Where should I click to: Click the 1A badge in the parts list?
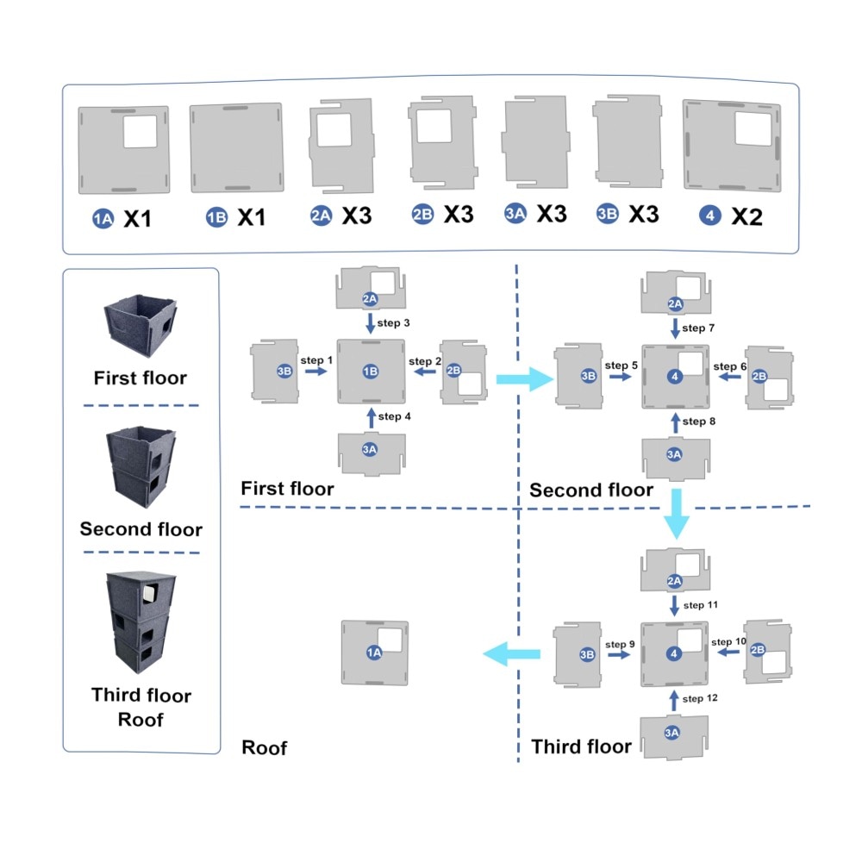pyautogui.click(x=102, y=219)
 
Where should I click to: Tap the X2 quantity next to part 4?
pyautogui.click(x=747, y=217)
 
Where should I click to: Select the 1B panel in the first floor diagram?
pyautogui.click(x=371, y=371)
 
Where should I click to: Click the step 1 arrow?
pyautogui.click(x=315, y=371)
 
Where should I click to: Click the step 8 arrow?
pyautogui.click(x=674, y=422)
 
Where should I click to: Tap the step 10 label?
pyautogui.click(x=728, y=642)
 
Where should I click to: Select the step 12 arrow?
pyautogui.click(x=674, y=699)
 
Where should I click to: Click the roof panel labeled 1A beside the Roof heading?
pyautogui.click(x=375, y=653)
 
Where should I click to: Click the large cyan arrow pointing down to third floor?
pyautogui.click(x=677, y=515)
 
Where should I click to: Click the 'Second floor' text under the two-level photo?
pyautogui.click(x=141, y=529)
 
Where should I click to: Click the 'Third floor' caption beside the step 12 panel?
pyautogui.click(x=582, y=746)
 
